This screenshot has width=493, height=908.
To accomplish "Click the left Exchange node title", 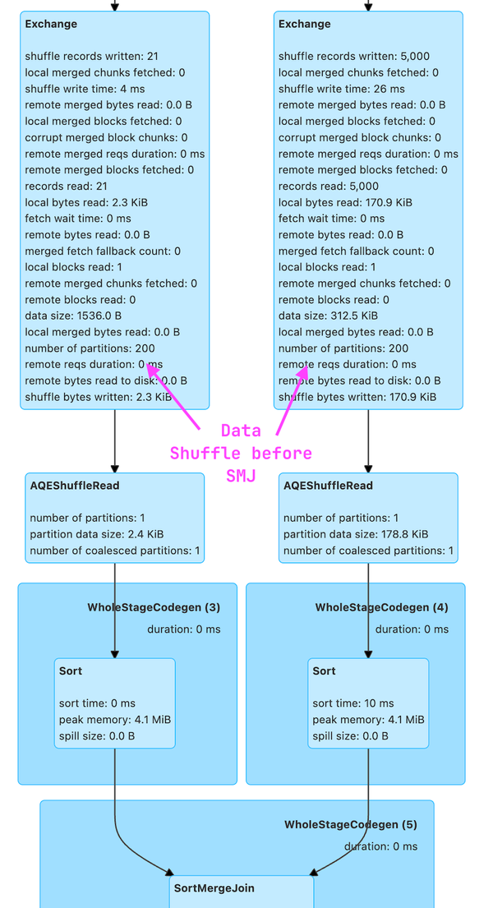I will click(51, 24).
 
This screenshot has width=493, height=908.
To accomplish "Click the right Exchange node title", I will click(304, 24).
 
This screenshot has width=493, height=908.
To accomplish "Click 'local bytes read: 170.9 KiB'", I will click(345, 202).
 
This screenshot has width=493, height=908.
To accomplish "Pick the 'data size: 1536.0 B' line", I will click(73, 316).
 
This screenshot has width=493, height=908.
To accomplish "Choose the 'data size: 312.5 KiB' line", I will click(328, 316).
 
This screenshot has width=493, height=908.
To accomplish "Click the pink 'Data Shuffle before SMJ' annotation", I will click(241, 453).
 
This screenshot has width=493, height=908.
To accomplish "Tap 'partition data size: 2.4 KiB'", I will click(99, 534).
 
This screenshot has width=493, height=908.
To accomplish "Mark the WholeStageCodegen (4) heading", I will click(381, 608).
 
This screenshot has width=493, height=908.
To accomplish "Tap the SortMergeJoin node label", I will click(214, 888).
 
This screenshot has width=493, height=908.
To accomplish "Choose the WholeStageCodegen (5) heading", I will click(351, 824).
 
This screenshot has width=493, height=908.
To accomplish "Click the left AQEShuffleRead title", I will click(75, 486).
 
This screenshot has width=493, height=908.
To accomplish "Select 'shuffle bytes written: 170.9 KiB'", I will click(357, 397).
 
